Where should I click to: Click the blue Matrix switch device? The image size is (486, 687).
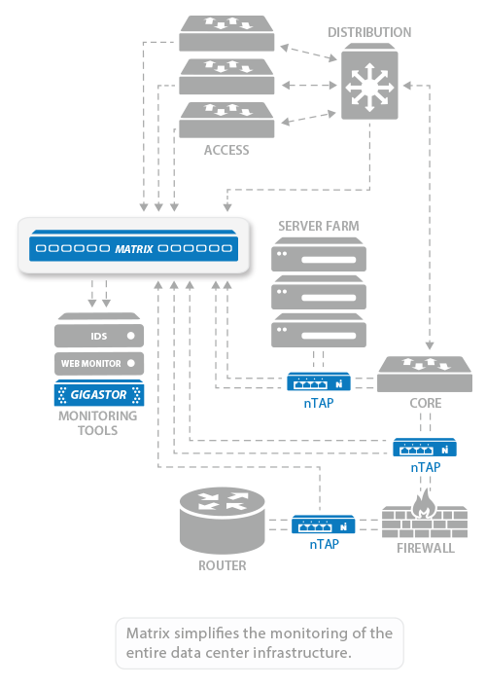[133, 246]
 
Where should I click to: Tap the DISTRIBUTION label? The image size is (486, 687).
[369, 32]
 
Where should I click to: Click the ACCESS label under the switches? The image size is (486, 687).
[226, 150]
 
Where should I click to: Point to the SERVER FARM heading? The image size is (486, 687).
[319, 226]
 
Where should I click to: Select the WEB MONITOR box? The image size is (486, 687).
[99, 364]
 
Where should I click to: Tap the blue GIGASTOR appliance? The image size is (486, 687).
[99, 393]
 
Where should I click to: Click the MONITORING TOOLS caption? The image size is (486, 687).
[97, 423]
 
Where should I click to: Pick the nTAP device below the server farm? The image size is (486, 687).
[319, 381]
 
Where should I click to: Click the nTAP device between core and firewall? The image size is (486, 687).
[425, 447]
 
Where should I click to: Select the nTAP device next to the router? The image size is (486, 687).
[324, 524]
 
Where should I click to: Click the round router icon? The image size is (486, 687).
[223, 521]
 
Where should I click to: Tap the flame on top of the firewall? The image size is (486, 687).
[424, 503]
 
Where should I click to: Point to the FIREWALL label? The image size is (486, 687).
[426, 548]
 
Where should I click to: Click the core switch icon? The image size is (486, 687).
[425, 374]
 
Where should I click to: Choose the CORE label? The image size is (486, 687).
[426, 403]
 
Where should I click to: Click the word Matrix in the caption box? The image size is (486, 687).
[148, 633]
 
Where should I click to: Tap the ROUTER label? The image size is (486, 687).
[223, 565]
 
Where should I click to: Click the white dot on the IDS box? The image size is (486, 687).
[130, 336]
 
